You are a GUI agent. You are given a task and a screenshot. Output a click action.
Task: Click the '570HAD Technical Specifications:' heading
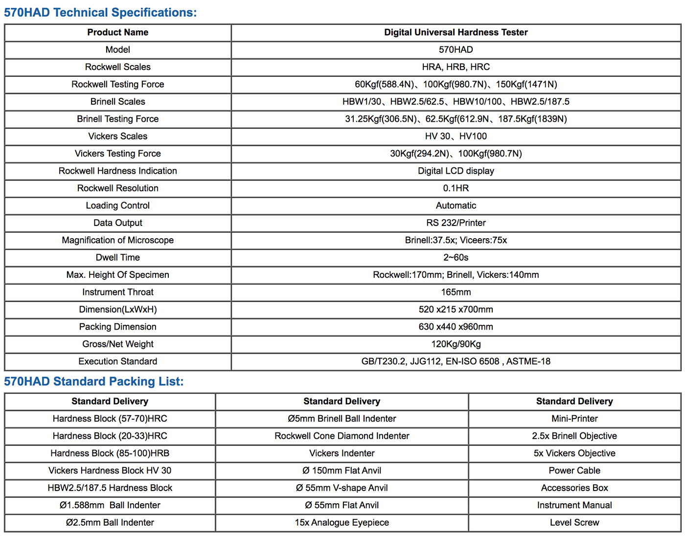[x=100, y=12]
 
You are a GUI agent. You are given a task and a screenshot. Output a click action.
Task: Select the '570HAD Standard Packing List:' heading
[x=94, y=381]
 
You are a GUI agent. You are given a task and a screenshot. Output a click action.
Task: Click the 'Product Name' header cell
[x=118, y=32]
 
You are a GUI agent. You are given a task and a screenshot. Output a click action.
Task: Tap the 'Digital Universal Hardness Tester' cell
[x=456, y=32]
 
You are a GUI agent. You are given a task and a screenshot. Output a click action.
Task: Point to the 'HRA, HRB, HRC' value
[x=456, y=67]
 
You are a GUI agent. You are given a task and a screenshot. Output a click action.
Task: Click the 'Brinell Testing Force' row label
[x=118, y=119]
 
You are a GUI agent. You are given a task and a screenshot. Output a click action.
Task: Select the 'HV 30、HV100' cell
[x=456, y=136]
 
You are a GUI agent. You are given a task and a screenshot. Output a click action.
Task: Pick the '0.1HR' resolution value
[x=456, y=188]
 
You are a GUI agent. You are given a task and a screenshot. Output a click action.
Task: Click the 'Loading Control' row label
[x=118, y=205]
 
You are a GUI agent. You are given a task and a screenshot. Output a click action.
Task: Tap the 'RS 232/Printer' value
[x=456, y=223]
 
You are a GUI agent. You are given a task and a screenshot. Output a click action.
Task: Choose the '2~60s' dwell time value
[x=456, y=258]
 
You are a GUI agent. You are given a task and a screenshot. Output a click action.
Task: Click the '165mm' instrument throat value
[x=456, y=292]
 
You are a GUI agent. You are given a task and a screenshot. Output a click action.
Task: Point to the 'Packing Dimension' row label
[x=118, y=327]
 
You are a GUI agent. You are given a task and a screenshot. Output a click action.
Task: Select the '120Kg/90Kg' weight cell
[x=456, y=344]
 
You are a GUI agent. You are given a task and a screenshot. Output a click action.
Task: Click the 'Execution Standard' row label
[x=118, y=361]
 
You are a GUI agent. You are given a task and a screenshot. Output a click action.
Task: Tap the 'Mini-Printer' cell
[x=574, y=419]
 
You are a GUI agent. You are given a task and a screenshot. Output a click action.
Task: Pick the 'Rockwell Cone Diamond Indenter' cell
[x=342, y=436]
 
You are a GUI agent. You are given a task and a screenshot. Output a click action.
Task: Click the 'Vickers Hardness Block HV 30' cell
[x=110, y=471]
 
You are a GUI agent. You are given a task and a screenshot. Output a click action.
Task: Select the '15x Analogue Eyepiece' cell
[x=342, y=522]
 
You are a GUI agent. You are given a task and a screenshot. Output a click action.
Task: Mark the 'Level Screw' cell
[x=574, y=522]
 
